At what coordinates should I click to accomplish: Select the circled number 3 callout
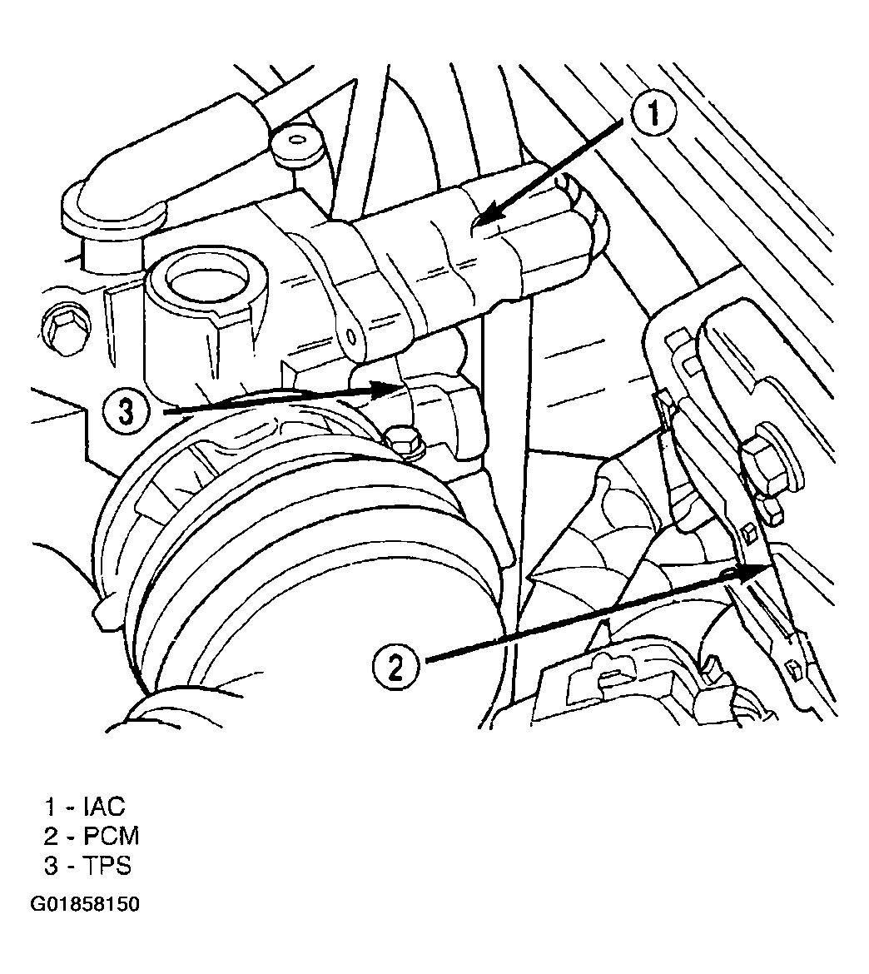tap(127, 411)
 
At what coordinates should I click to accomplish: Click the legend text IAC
tap(103, 806)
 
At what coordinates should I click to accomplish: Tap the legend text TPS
tap(107, 866)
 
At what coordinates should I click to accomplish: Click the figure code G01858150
tap(86, 904)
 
